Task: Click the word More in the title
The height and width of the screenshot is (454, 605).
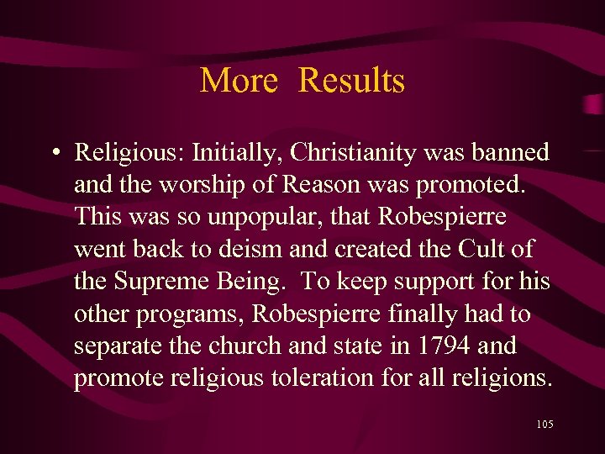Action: point(239,81)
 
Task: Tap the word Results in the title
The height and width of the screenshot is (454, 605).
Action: point(351,81)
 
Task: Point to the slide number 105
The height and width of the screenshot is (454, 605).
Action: point(544,425)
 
